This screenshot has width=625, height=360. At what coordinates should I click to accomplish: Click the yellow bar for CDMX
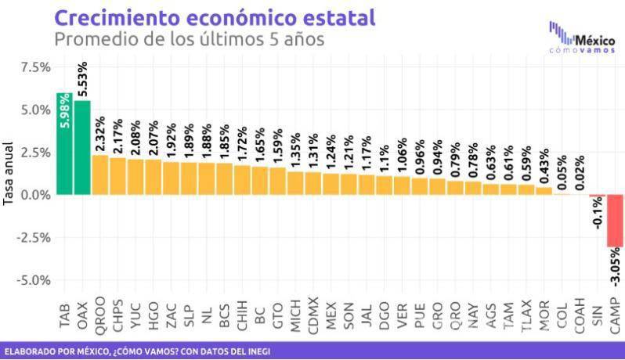[312, 183]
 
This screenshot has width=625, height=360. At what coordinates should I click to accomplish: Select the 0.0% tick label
[35, 195]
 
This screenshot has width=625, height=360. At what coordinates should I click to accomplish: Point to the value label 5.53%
[83, 79]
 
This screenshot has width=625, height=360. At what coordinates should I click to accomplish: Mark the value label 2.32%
[100, 134]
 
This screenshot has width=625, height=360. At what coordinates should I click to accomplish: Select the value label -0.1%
[597, 213]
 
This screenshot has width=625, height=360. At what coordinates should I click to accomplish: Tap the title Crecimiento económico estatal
[213, 16]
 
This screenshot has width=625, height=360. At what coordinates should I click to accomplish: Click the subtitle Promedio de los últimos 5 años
[188, 38]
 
